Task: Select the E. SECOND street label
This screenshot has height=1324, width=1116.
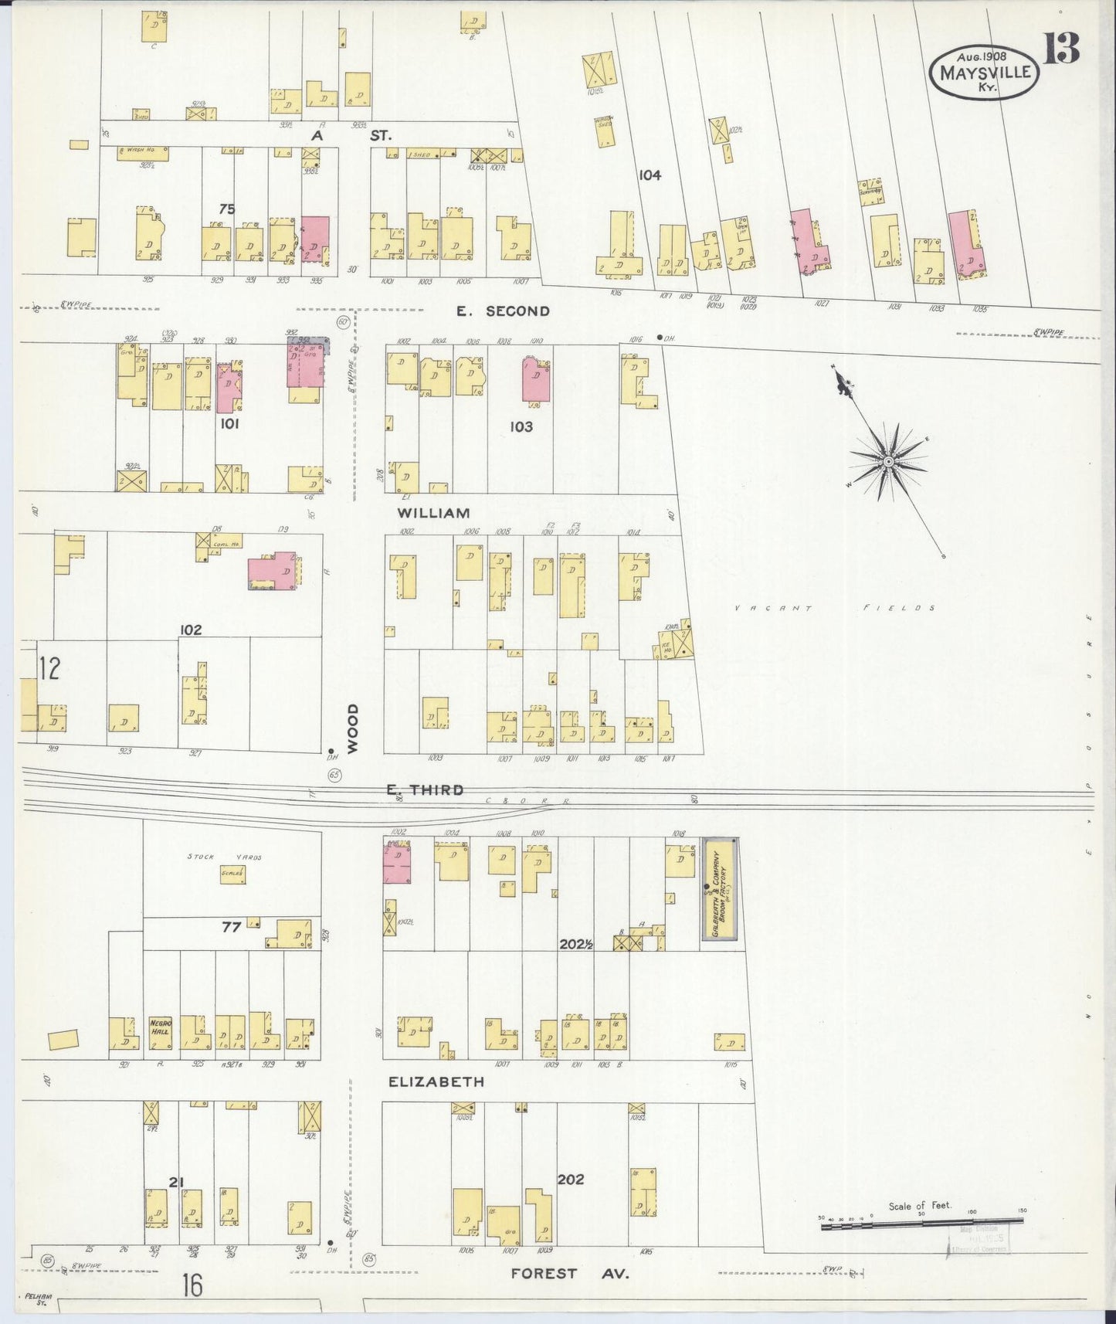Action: pos(503,311)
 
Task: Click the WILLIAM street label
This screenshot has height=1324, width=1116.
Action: pos(433,513)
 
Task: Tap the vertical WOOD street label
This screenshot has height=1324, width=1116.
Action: pos(353,728)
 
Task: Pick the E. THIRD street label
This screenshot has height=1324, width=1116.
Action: pos(426,789)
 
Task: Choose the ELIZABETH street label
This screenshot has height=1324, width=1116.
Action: pos(436,1082)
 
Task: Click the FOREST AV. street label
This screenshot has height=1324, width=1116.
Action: pos(570,1274)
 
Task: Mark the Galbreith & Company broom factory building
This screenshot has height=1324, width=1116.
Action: pos(720,890)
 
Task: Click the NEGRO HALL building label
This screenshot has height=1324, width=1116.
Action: pos(161,1028)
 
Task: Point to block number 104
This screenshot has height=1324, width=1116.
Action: pos(650,175)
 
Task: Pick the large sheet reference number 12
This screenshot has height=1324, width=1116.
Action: pos(49,668)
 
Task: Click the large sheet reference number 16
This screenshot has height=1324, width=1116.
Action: pos(192,1285)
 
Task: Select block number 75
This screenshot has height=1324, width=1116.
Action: pos(226,209)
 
